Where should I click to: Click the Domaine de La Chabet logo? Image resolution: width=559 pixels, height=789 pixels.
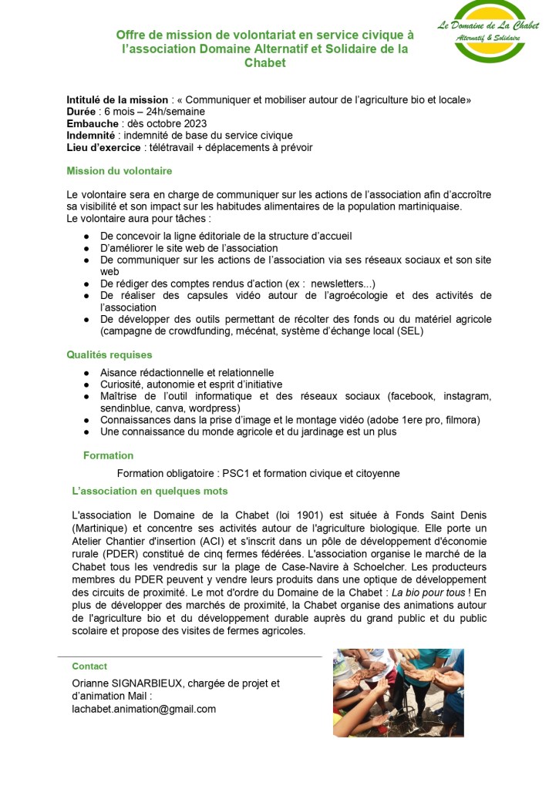click(x=488, y=31)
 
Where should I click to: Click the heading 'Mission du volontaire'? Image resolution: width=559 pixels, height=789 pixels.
click(x=120, y=171)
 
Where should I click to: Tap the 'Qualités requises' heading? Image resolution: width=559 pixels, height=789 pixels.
click(x=109, y=355)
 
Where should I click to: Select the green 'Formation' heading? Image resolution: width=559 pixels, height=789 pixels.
click(x=108, y=455)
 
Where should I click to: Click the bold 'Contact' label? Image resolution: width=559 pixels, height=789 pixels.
click(x=89, y=666)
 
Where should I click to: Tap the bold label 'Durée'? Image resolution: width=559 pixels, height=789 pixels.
click(x=82, y=112)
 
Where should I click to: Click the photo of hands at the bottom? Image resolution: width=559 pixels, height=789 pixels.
click(x=398, y=692)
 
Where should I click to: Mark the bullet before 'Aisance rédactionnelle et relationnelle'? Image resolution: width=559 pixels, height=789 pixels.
click(x=87, y=373)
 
